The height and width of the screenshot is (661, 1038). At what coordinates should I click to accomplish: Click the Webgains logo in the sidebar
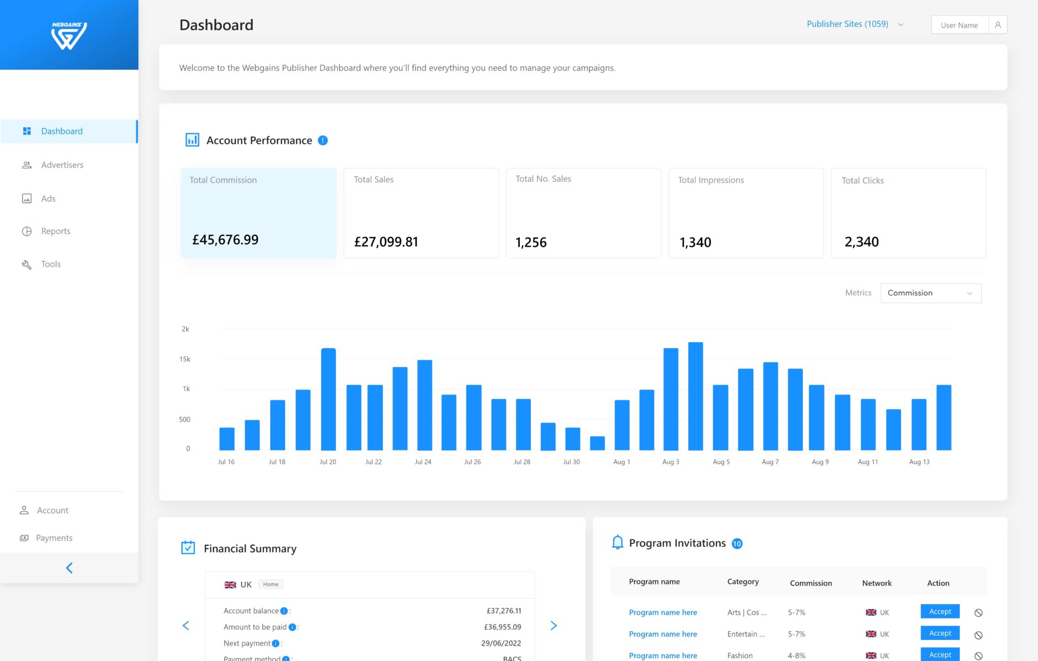pos(69,36)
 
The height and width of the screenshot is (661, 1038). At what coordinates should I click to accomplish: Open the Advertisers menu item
pos(62,165)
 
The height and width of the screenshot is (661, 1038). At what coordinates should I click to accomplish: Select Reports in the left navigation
pos(56,231)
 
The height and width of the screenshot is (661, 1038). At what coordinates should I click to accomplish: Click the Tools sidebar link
pos(51,264)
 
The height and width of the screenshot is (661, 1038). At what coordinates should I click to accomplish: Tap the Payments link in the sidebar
pos(54,538)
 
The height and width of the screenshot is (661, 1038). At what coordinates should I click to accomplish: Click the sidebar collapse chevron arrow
pos(69,568)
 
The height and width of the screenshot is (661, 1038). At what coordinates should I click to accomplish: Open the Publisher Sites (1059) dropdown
pos(854,24)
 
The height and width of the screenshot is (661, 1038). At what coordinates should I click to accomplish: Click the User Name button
pos(959,25)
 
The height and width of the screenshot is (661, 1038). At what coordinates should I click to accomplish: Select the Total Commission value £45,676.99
pos(225,240)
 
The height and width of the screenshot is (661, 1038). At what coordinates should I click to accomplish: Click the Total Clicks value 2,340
pos(861,242)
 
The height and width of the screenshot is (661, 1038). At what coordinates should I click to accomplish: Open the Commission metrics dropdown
pos(931,293)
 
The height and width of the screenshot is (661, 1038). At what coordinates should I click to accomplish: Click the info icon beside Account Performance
pos(323,140)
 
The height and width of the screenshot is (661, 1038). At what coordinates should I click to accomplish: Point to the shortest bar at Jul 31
pos(597,443)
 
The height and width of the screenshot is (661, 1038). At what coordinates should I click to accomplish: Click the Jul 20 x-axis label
pos(328,462)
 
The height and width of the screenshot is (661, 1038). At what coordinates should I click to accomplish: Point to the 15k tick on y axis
pos(184,359)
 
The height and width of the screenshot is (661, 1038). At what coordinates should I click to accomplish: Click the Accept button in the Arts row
pos(940,611)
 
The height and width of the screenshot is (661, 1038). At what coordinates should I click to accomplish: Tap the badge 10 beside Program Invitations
pos(737,544)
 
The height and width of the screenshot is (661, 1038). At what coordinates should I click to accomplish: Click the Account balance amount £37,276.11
pos(504,611)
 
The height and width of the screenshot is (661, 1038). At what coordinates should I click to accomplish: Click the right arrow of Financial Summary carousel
pos(553,626)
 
